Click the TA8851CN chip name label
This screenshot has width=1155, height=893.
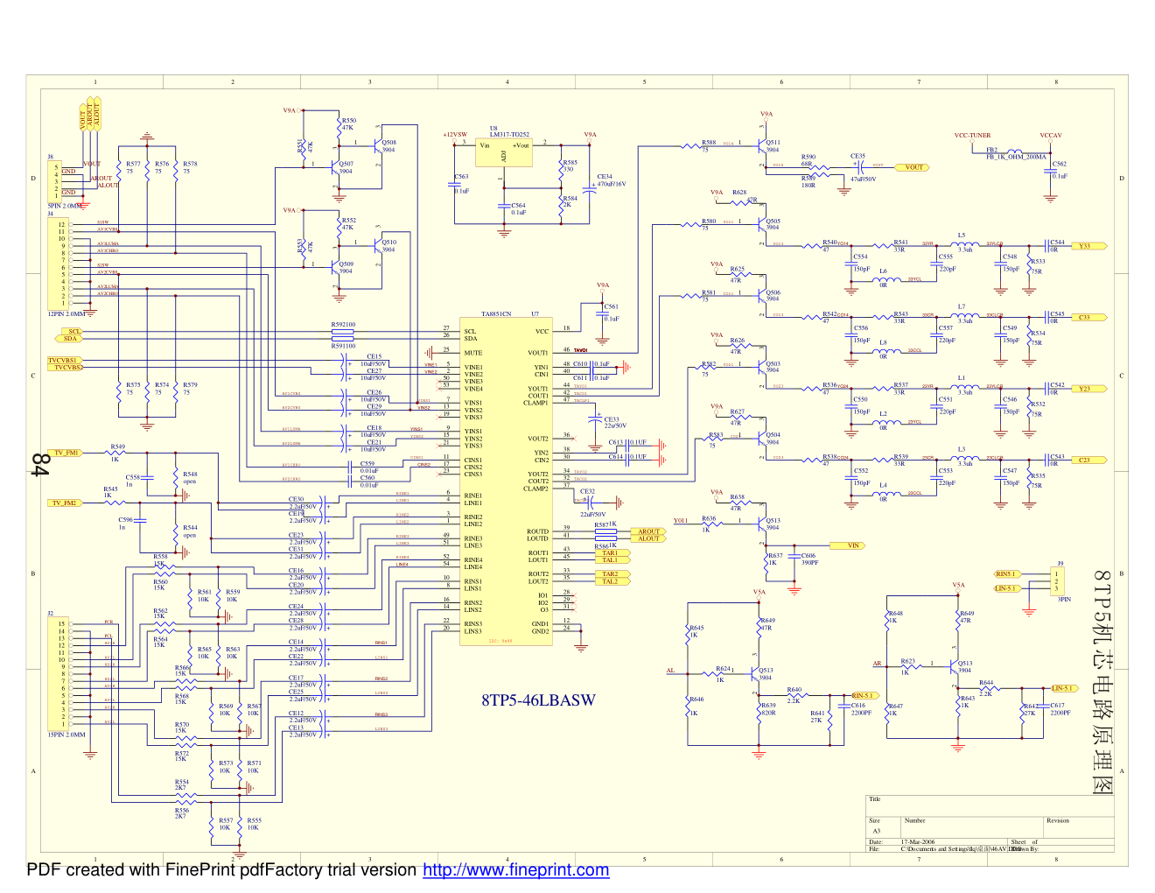496,313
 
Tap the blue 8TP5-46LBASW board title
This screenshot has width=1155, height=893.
538,700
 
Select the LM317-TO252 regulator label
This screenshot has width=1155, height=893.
509,135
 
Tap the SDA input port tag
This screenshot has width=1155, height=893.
71,339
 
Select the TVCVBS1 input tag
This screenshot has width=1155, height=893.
63,360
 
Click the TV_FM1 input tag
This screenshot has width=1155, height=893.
66,453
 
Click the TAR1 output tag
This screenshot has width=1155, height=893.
610,553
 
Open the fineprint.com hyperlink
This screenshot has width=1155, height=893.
515,870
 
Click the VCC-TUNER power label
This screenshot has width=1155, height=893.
972,136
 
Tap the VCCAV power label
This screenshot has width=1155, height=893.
1050,136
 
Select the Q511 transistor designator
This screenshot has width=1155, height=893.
773,142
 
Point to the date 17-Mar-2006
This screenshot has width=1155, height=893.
916,841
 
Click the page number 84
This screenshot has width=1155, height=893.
39,464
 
